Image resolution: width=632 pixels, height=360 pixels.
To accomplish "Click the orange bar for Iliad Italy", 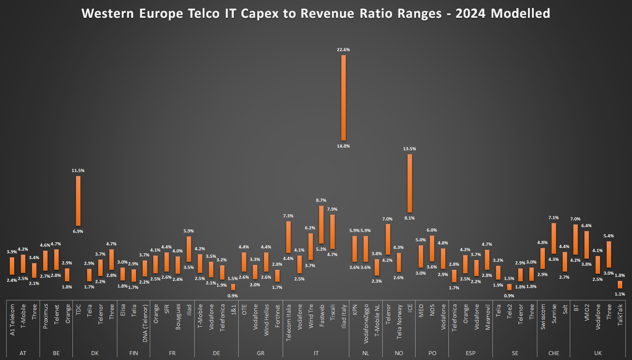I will click(343, 98).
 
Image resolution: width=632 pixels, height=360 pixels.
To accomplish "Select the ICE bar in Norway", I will click(410, 183).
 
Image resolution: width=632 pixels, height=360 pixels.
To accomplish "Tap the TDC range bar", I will click(78, 201).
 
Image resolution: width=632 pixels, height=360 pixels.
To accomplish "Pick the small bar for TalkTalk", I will click(620, 284).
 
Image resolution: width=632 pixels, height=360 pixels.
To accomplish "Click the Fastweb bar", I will click(321, 224).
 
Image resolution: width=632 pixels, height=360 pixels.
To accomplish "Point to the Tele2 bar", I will click(509, 287).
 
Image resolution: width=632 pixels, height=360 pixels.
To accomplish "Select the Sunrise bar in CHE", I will click(554, 238).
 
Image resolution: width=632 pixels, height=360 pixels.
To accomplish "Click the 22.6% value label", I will click(343, 50).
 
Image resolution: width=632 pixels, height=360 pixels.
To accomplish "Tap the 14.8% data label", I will click(343, 146).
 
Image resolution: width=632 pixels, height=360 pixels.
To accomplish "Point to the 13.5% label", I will click(410, 149).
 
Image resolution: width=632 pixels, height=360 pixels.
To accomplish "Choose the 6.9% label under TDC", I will click(78, 231).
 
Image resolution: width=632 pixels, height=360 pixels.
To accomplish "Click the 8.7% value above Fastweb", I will click(321, 200).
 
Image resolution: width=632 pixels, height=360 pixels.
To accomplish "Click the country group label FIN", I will click(133, 353).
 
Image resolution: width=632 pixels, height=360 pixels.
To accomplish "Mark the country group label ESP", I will click(471, 353).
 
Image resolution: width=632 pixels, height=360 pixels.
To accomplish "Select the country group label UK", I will click(598, 353).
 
